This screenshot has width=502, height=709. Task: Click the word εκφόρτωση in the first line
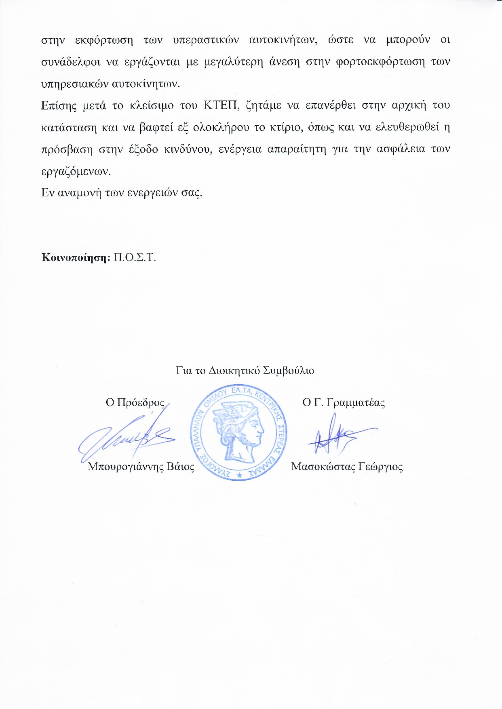(x=104, y=40)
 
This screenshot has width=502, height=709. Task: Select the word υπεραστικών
(x=205, y=40)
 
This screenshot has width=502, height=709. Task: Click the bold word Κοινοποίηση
(x=76, y=258)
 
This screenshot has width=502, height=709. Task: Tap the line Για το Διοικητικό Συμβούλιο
(x=245, y=370)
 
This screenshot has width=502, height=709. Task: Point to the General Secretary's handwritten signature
(x=335, y=436)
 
